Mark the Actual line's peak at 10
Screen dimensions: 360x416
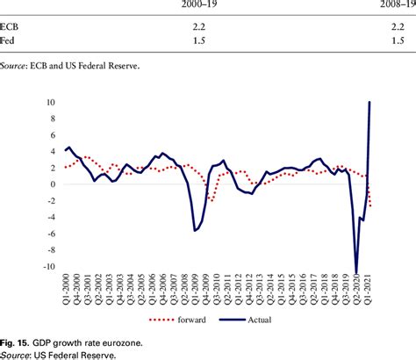[369, 103]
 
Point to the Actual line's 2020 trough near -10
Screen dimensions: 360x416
[356, 273]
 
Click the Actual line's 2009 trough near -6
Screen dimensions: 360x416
[195, 231]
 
